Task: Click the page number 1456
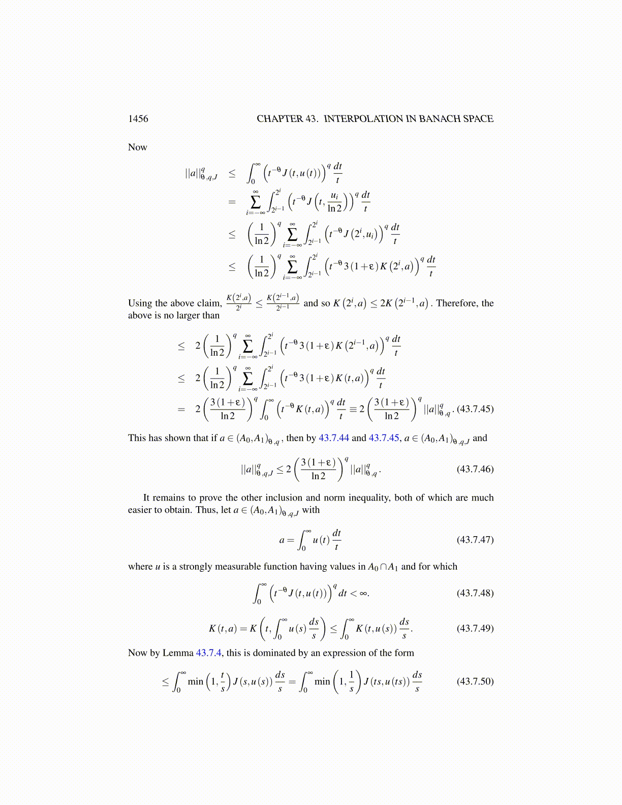[x=138, y=119]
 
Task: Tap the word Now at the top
[x=138, y=147]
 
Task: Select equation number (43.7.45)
[x=475, y=409]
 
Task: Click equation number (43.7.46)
[x=475, y=469]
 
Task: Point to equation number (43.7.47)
[x=475, y=540]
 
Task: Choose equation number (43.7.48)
[x=475, y=593]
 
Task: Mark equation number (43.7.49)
[x=475, y=629]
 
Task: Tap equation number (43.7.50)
[x=475, y=682]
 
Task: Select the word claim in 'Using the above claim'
[x=209, y=303]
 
